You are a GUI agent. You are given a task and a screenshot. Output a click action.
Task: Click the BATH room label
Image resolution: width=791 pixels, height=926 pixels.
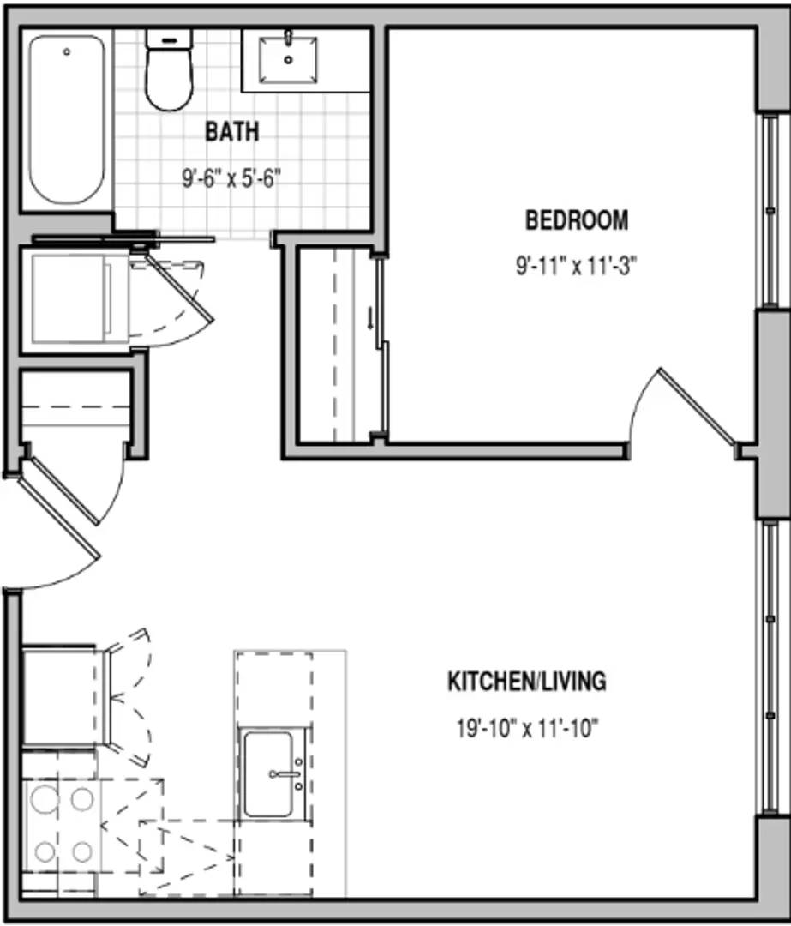click(x=232, y=131)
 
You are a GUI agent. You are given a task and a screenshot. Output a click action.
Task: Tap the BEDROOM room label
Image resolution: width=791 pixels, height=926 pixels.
click(x=577, y=220)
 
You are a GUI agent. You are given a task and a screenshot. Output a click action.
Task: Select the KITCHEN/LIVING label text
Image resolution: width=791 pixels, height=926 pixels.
click(x=526, y=682)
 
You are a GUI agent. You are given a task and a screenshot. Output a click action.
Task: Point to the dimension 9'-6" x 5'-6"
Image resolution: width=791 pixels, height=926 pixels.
click(x=231, y=177)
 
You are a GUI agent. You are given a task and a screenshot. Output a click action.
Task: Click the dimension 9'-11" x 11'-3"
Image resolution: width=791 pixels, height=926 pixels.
click(x=576, y=267)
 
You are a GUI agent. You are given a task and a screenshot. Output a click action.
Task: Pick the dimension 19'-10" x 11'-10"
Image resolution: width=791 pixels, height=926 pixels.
click(x=527, y=728)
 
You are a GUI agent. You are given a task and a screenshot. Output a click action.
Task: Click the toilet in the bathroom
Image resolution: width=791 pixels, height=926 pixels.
click(x=170, y=70)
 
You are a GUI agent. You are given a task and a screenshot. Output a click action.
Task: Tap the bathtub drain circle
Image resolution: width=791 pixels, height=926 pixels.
click(x=67, y=52)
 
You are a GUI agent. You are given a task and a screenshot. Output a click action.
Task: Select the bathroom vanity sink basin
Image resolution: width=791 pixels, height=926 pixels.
click(x=288, y=60)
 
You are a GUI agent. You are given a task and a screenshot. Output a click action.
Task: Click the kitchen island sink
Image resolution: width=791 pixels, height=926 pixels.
click(x=268, y=774)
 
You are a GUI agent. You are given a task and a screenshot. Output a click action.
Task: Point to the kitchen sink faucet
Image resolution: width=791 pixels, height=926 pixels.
click(x=285, y=773)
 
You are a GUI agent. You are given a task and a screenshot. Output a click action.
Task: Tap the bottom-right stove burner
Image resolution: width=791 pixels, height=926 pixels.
click(x=82, y=851)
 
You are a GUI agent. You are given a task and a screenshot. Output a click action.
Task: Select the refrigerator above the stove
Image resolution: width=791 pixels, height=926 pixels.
click(x=65, y=697)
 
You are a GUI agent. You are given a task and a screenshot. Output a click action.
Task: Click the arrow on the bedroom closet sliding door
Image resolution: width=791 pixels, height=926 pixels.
click(x=370, y=320)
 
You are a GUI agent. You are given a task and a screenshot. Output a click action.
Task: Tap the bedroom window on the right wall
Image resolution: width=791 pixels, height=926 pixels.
click(x=770, y=211)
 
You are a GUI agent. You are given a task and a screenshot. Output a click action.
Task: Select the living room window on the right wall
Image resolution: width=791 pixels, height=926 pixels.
click(x=770, y=667)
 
